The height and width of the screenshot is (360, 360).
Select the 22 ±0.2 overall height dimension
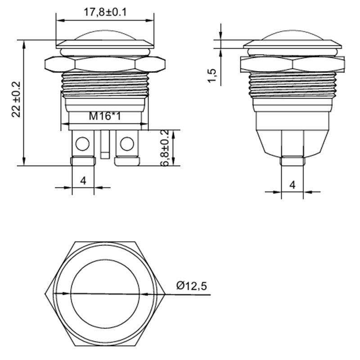pos(17,99)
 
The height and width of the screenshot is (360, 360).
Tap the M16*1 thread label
pos(104,117)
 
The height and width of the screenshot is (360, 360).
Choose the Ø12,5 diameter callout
pos(194,286)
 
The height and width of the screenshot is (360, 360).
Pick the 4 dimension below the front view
pos(83,180)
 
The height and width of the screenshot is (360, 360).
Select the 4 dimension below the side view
pos(292,184)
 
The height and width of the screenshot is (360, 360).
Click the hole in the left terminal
pos(82,144)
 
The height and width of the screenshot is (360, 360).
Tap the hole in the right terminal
pos(127,144)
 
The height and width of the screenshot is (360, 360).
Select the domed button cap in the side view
pos(292,37)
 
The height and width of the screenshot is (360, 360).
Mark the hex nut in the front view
pos(104,64)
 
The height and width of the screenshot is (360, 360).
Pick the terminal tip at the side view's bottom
pos(292,161)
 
